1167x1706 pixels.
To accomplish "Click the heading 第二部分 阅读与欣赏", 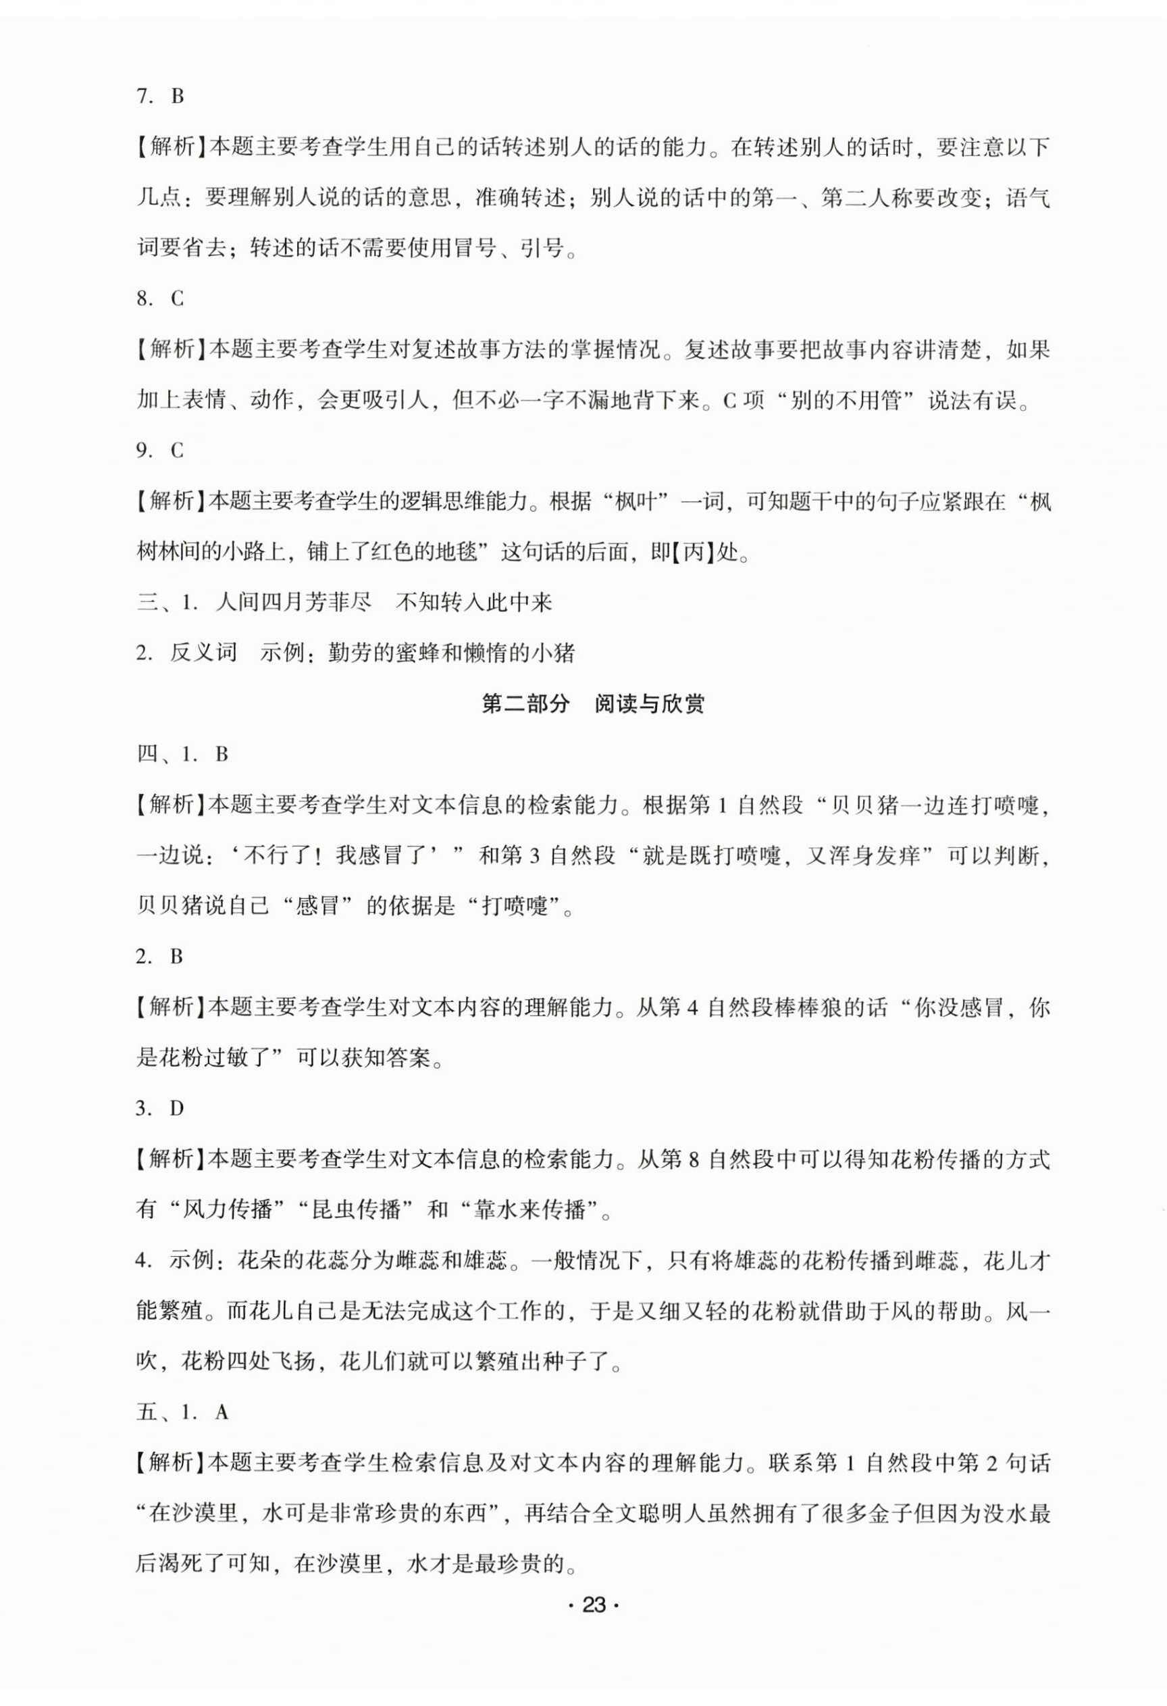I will (x=592, y=705).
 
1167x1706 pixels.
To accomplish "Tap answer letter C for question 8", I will (x=178, y=299).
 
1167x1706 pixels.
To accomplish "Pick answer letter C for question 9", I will (x=178, y=451).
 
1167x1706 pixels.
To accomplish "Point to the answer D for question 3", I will (x=178, y=1109).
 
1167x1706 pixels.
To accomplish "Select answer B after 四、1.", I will (x=222, y=755).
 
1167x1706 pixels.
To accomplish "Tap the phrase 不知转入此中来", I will (x=473, y=603).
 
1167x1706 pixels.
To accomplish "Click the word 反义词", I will (x=203, y=653).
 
